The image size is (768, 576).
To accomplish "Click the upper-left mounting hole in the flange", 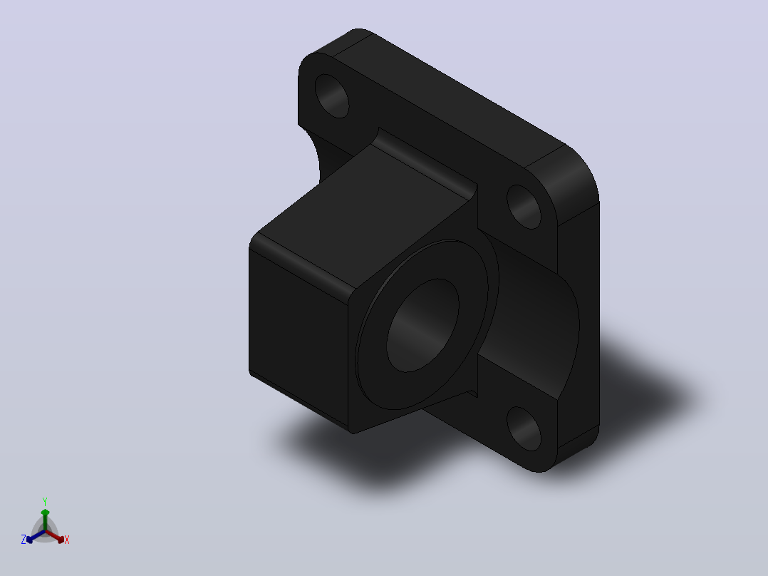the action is click(331, 96).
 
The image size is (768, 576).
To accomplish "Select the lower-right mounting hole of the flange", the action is click(524, 428).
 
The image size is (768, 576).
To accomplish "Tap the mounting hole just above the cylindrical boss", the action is click(524, 207).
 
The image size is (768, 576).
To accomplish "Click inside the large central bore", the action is click(422, 325).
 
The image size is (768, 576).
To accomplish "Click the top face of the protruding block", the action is click(363, 216).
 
